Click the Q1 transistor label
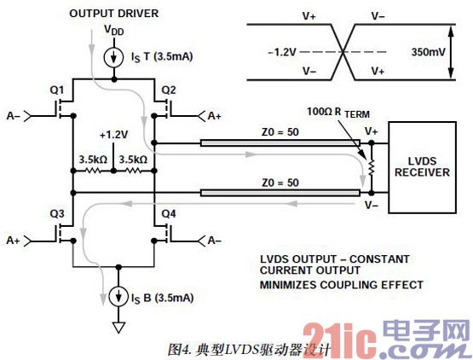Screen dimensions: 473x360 (x=57, y=90)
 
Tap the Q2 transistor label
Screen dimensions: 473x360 (x=169, y=90)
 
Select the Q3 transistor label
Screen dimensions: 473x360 (x=57, y=214)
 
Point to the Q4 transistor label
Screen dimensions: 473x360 (x=169, y=214)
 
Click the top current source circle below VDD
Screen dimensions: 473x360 (x=113, y=57)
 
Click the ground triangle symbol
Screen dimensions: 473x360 (x=118, y=328)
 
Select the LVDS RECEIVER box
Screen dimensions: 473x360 (x=422, y=167)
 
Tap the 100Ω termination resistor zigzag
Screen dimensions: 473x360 (x=372, y=167)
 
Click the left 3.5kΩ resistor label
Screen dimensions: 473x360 (x=93, y=160)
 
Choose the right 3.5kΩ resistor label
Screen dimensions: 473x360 (x=133, y=160)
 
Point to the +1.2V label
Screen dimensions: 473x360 (x=113, y=135)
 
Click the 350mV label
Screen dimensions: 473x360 (x=429, y=52)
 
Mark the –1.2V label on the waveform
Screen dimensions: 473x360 (x=282, y=52)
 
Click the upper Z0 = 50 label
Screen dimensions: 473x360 (x=280, y=132)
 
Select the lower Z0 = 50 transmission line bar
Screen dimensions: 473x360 (x=280, y=193)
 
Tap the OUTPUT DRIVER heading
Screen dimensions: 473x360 (x=113, y=14)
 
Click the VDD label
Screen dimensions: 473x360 (x=113, y=30)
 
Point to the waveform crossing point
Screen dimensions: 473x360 (x=343, y=52)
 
